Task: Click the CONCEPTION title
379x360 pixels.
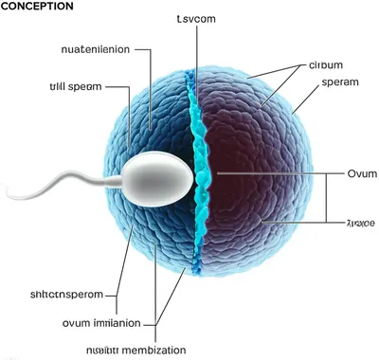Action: [37, 7]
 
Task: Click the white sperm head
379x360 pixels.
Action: [159, 176]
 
